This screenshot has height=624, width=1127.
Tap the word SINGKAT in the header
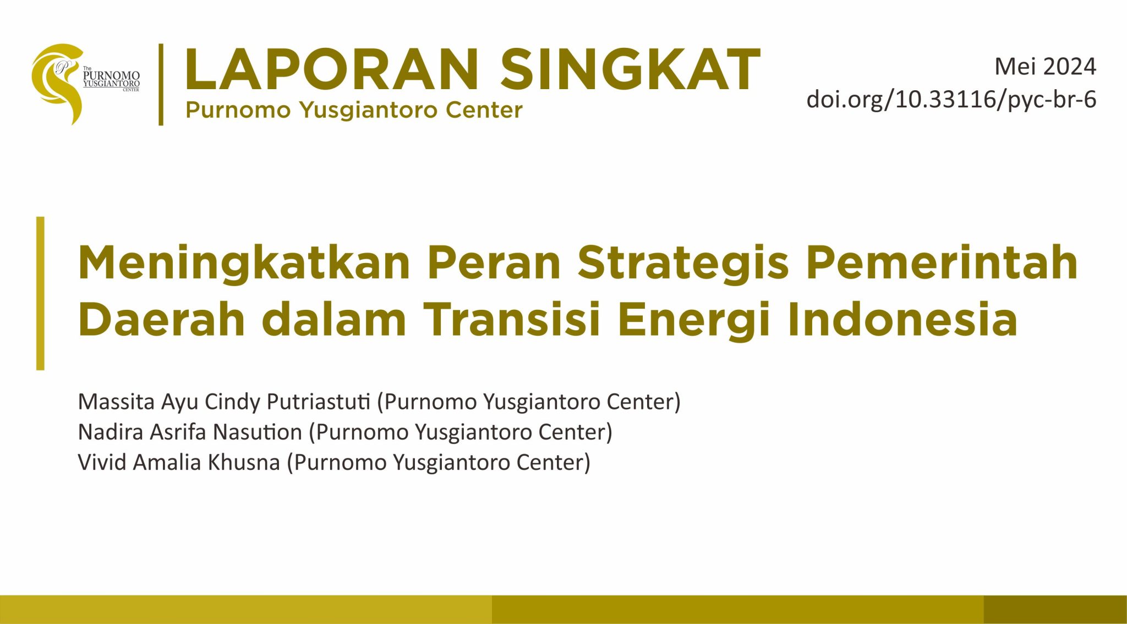click(x=631, y=69)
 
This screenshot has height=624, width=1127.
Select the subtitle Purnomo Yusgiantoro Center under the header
click(x=354, y=111)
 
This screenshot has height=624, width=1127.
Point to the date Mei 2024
click(x=1045, y=67)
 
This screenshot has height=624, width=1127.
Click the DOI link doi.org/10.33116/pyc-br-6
click(x=951, y=100)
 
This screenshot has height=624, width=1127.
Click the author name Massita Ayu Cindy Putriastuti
click(x=225, y=402)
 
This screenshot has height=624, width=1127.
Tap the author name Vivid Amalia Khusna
click(x=179, y=462)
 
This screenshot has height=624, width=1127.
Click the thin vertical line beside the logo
click(x=161, y=84)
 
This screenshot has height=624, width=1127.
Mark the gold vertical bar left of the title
click(x=40, y=293)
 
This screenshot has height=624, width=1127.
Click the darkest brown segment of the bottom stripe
click(x=1055, y=609)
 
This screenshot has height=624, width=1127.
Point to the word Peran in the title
click(x=494, y=262)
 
